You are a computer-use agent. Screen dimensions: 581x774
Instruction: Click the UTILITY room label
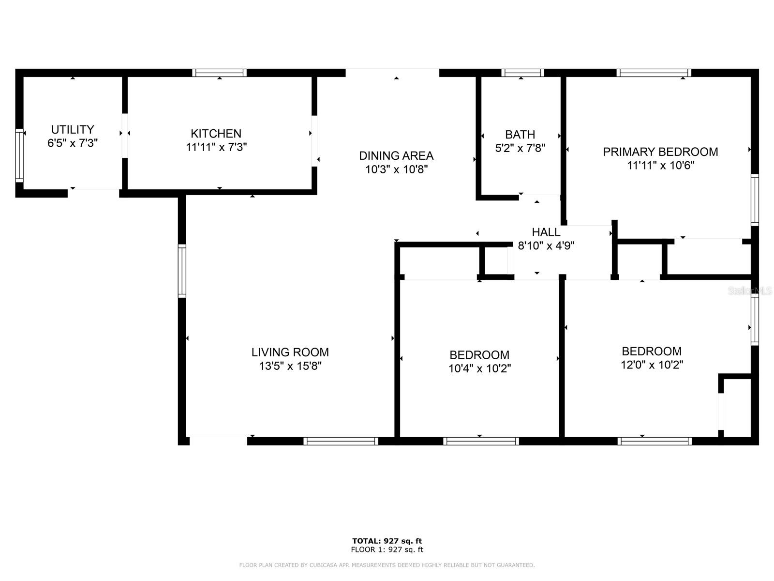[x=73, y=129]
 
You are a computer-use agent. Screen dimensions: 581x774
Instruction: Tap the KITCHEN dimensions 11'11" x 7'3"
[x=216, y=147]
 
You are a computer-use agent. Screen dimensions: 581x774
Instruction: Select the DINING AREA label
[x=396, y=155]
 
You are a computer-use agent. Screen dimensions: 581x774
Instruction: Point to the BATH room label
[x=520, y=134]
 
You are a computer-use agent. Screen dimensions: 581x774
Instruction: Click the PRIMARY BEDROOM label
[x=660, y=152]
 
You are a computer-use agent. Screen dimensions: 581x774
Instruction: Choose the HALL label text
[x=546, y=232]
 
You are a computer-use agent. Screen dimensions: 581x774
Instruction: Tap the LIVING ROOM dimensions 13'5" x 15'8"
[x=290, y=366]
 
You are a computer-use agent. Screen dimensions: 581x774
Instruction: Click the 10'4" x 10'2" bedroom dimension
[x=479, y=368]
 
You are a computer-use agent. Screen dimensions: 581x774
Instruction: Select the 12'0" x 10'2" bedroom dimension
[x=652, y=365]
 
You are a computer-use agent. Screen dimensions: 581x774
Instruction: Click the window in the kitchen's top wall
[x=219, y=73]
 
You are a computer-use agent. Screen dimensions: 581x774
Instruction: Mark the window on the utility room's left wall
[x=19, y=155]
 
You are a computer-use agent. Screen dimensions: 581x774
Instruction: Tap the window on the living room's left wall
[x=182, y=271]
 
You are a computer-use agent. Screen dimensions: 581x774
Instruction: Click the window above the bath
[x=522, y=73]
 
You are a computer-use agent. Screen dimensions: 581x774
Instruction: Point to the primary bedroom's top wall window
[x=654, y=73]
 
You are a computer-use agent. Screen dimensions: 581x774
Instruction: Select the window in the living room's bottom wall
[x=341, y=441]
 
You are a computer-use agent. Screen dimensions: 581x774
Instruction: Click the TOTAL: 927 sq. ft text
[x=387, y=541]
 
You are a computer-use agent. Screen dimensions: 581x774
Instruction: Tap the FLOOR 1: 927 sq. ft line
[x=387, y=550]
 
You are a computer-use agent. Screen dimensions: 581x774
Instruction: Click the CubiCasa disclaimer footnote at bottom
[x=387, y=565]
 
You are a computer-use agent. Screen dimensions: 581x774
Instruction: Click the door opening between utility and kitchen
[x=125, y=136]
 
